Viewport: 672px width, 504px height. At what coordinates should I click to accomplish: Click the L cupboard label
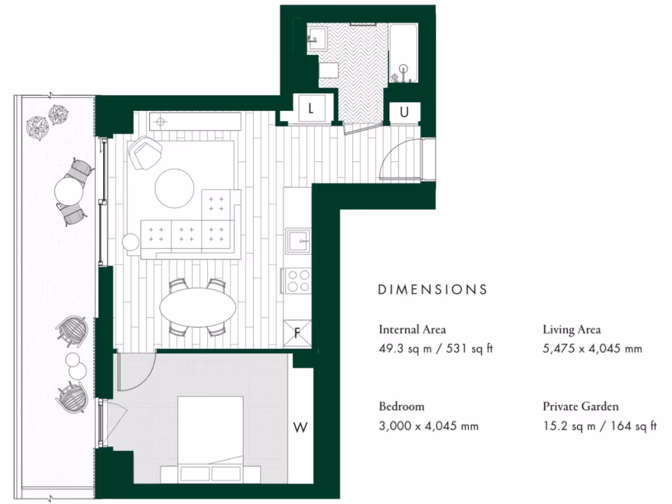coord(311,110)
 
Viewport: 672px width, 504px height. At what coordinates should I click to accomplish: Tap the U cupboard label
coord(404,112)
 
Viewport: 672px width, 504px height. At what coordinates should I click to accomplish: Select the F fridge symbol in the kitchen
coord(297,333)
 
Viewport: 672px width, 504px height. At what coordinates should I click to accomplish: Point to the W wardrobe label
coord(301,428)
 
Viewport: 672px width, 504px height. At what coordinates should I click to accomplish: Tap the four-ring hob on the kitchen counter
coord(299,281)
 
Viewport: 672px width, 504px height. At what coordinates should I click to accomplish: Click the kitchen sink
coord(299,242)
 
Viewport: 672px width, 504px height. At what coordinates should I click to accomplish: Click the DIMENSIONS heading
coord(432,289)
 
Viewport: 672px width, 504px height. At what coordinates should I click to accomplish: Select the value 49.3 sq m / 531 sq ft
coord(435,349)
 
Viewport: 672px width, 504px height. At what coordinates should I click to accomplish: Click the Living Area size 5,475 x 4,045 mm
coord(592,349)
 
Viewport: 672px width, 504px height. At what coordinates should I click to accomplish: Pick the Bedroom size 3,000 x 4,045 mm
coord(429,426)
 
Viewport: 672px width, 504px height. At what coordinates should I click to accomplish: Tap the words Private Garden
coord(580,406)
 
